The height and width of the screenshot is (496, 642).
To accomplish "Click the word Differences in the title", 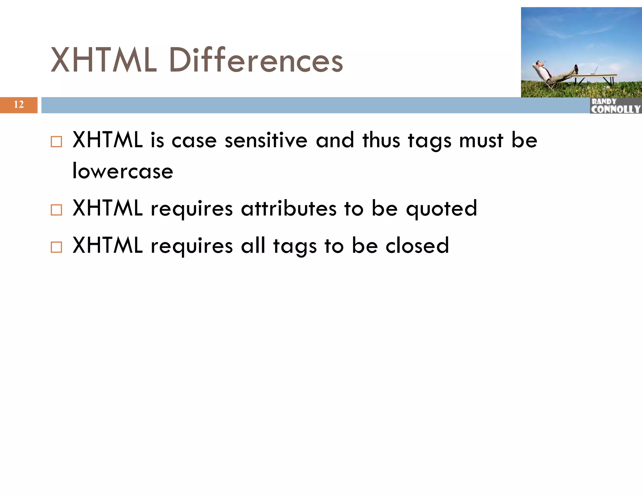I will point(255,60).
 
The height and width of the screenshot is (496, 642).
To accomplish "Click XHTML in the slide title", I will point(103,60).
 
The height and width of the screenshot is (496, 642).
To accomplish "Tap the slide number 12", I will point(18,105).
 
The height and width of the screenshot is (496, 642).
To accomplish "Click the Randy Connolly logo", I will point(615,106).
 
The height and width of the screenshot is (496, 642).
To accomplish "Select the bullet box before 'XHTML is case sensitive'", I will point(56,142).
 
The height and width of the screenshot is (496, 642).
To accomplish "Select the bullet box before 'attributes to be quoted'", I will point(56,210).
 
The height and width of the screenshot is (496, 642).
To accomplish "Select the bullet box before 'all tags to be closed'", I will point(56,247).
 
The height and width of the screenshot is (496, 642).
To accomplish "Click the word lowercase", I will point(123,171).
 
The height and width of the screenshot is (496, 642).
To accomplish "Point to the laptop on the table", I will point(594,71).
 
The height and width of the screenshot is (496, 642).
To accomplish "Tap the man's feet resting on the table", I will point(576,69).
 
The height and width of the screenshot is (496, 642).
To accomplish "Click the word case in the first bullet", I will point(194,141).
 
